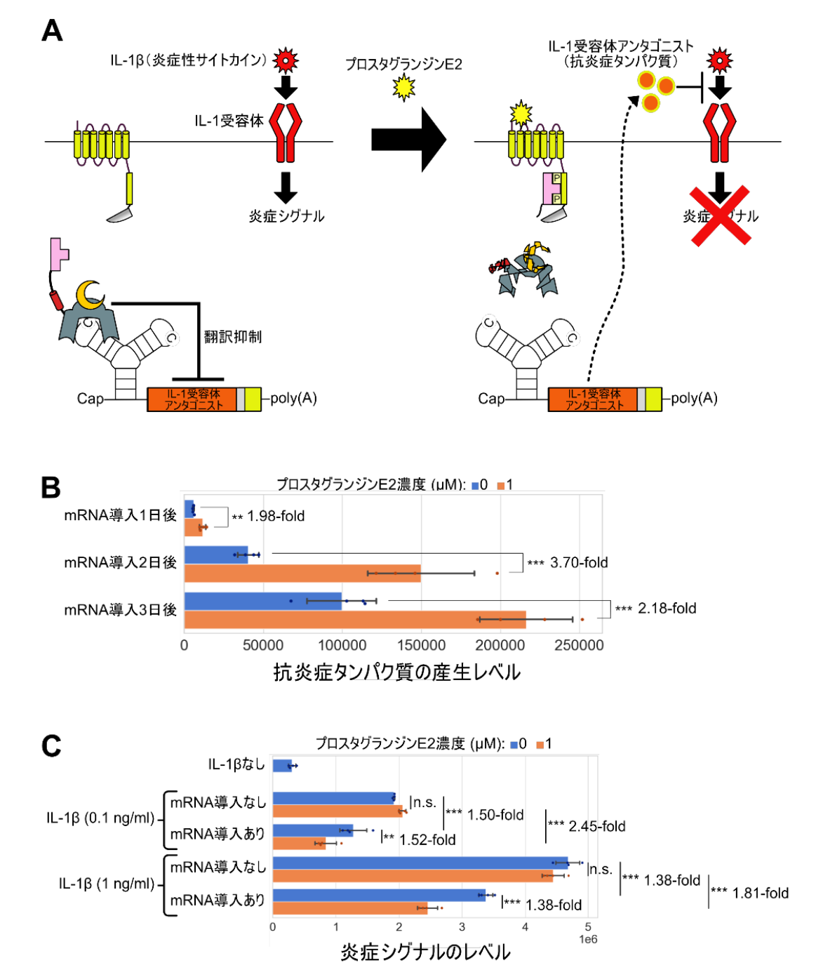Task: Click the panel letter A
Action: pyautogui.click(x=53, y=31)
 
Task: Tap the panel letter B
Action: pyautogui.click(x=51, y=487)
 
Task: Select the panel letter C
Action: pyautogui.click(x=51, y=745)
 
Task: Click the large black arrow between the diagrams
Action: pyautogui.click(x=408, y=140)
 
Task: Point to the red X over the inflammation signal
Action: pyautogui.click(x=721, y=216)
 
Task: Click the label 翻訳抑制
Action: pyautogui.click(x=233, y=337)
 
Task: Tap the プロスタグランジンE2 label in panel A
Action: pyautogui.click(x=403, y=65)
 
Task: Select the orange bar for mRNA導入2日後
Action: pyautogui.click(x=302, y=573)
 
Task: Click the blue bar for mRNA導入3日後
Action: pyautogui.click(x=263, y=602)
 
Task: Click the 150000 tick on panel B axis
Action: pyautogui.click(x=422, y=645)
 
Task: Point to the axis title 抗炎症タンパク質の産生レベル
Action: pyautogui.click(x=396, y=672)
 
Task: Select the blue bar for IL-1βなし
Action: pyautogui.click(x=282, y=766)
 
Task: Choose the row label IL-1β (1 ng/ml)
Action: pyautogui.click(x=106, y=884)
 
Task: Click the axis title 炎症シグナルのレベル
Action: pyautogui.click(x=425, y=952)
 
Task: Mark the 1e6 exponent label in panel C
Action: pyautogui.click(x=588, y=939)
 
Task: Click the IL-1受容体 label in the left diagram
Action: pyautogui.click(x=229, y=121)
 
